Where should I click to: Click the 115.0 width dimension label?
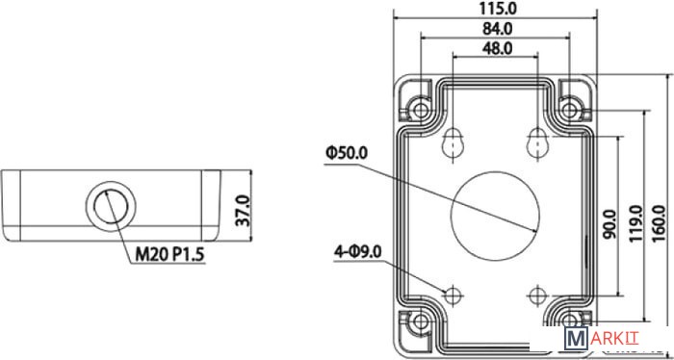496,8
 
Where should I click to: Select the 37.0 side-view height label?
244,211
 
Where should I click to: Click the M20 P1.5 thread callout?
169,255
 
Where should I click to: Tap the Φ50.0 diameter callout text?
347,153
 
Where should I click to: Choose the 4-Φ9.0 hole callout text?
358,252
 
